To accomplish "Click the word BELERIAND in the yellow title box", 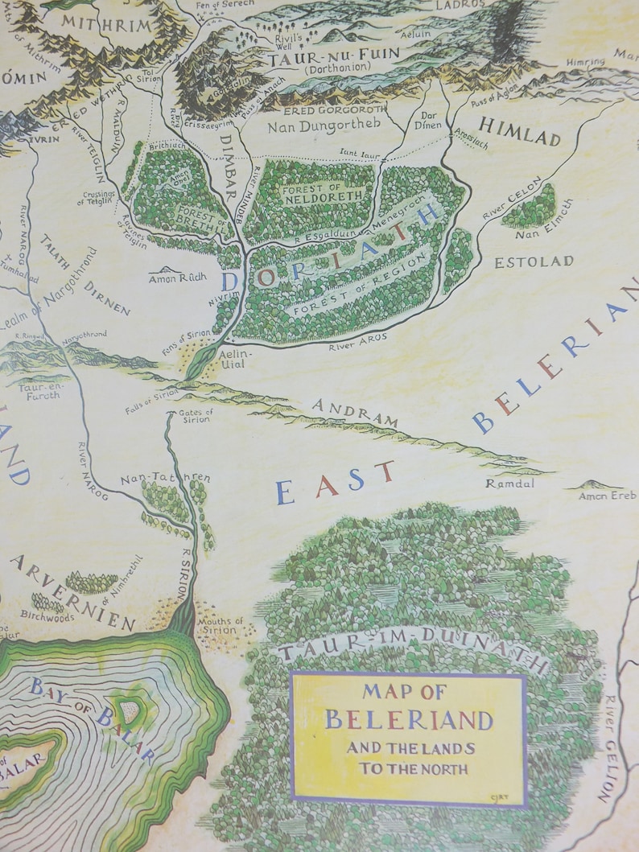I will (408, 718).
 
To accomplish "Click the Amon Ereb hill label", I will (607, 496).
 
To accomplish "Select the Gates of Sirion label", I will (196, 415).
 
